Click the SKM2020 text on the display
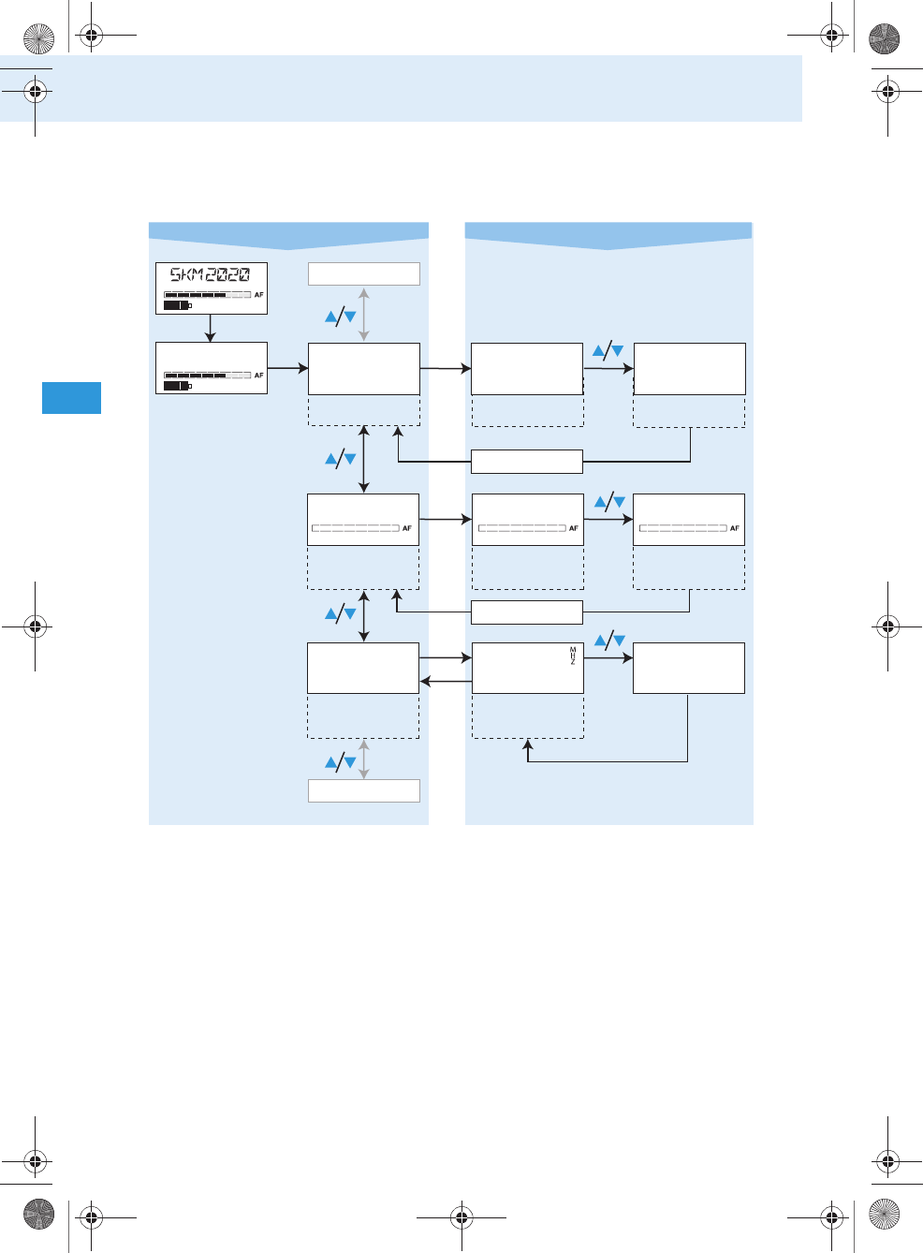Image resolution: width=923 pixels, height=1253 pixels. pyautogui.click(x=210, y=274)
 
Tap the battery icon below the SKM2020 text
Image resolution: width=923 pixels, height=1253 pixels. pyautogui.click(x=177, y=305)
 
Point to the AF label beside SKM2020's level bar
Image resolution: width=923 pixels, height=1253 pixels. pyautogui.click(x=259, y=295)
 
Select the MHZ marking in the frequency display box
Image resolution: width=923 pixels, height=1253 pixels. pyautogui.click(x=573, y=656)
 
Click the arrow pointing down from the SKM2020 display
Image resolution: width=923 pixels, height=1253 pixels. pyautogui.click(x=211, y=329)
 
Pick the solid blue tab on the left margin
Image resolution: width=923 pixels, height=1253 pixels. pyautogui.click(x=71, y=398)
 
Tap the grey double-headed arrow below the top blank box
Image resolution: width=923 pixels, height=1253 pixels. pyautogui.click(x=364, y=315)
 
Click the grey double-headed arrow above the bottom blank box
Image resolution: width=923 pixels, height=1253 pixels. pyautogui.click(x=364, y=759)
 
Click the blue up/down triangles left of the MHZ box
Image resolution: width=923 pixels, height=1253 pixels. pyautogui.click(x=340, y=614)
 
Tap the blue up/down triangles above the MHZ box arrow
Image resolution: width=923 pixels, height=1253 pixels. pyautogui.click(x=609, y=641)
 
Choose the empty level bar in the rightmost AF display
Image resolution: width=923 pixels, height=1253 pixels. pyautogui.click(x=682, y=528)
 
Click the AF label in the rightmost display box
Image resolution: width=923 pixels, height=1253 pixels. pyautogui.click(x=735, y=528)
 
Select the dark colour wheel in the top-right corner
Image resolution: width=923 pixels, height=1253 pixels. pyautogui.click(x=884, y=38)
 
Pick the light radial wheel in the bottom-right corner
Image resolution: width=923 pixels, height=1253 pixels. pyautogui.click(x=884, y=1215)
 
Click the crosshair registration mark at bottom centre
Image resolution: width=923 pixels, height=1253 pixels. pyautogui.click(x=461, y=1217)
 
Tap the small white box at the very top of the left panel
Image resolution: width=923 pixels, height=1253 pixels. pyautogui.click(x=364, y=273)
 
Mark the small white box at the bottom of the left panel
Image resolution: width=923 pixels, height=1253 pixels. pyautogui.click(x=364, y=790)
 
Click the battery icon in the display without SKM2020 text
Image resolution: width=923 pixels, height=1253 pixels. pyautogui.click(x=177, y=386)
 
